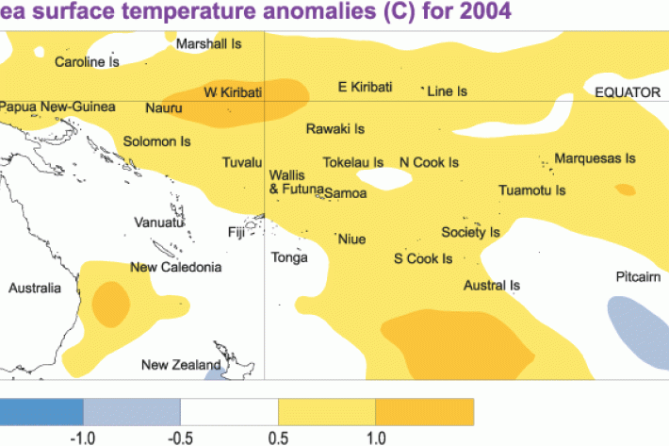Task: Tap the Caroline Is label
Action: coord(87,62)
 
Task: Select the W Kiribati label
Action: coord(233,91)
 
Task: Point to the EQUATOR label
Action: coord(629,91)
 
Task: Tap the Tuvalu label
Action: coord(241,163)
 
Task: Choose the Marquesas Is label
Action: coord(595,158)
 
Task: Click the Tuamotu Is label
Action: coord(531,190)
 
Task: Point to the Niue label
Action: coord(351,240)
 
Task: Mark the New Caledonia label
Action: coord(176,268)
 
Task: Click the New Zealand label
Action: coord(181,365)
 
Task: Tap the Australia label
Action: coord(35,288)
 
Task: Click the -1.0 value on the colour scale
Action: coord(84,438)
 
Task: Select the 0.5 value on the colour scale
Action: coord(278,438)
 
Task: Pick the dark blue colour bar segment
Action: coord(41,411)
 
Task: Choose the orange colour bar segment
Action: coord(424,411)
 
